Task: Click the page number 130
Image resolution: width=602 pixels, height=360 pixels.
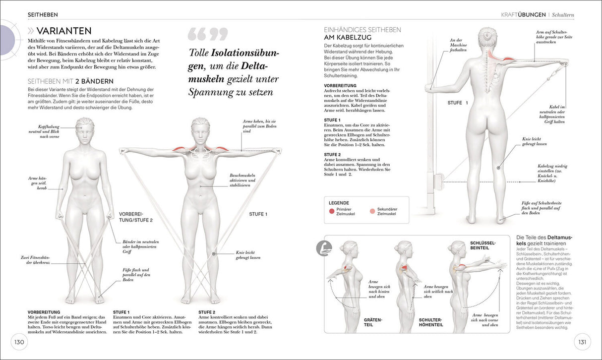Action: point(19,342)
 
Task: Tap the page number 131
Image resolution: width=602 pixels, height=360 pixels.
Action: point(582,342)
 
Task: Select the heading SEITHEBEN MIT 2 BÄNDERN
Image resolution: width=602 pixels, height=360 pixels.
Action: point(70,81)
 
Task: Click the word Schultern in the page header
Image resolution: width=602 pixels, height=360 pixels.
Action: point(563,15)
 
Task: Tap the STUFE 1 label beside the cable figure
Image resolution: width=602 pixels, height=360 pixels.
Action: point(458,103)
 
